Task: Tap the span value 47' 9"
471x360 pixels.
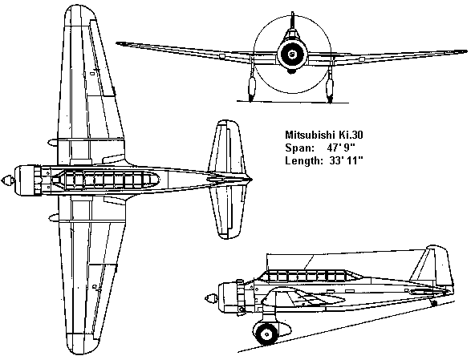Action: [341, 148]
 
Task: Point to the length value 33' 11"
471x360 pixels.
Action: [346, 160]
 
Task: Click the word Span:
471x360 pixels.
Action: [300, 148]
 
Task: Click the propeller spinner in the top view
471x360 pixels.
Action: [8, 180]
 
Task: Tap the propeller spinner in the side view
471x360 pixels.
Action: [211, 299]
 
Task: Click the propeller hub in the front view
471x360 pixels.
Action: [292, 55]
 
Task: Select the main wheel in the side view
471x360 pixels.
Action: [266, 333]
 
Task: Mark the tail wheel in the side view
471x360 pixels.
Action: [434, 303]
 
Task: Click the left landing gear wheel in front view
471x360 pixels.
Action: [251, 88]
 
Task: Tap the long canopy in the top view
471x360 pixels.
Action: [105, 180]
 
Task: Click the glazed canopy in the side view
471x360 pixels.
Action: [310, 276]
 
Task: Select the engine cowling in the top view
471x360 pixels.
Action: [27, 180]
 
